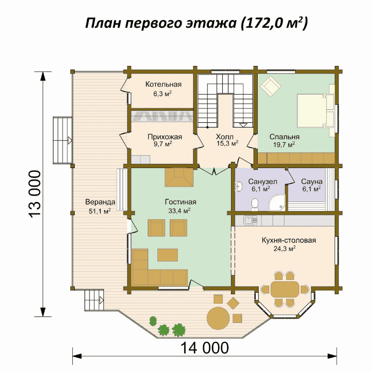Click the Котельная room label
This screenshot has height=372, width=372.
164,84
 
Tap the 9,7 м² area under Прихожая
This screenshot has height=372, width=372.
163,144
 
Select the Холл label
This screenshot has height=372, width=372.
224,137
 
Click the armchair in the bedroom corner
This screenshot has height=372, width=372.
271,86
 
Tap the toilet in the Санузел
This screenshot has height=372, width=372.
255,204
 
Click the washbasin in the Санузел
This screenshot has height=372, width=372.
239,186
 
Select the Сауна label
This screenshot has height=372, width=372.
312,182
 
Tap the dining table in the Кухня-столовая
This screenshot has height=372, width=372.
285,289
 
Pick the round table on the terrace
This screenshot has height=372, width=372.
219,318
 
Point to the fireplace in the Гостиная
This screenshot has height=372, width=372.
179,178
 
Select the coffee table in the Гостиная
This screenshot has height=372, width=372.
167,255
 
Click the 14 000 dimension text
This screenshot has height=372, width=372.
205,348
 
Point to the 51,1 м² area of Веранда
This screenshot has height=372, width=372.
100,211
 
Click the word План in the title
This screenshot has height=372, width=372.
103,23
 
